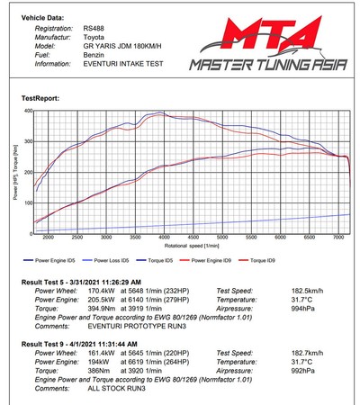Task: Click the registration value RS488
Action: click(x=93, y=28)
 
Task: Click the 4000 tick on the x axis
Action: click(x=164, y=238)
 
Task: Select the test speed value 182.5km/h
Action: click(x=298, y=291)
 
